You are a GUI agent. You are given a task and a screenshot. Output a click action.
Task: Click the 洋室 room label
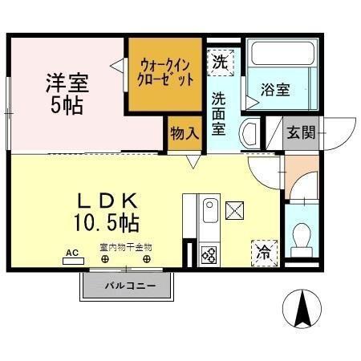pyautogui.click(x=66, y=81)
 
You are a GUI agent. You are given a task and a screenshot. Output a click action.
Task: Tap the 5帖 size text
pyautogui.click(x=66, y=105)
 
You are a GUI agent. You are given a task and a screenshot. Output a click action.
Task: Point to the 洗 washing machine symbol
pyautogui.click(x=220, y=60)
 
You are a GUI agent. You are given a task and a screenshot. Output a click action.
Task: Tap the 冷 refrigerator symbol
pyautogui.click(x=263, y=252)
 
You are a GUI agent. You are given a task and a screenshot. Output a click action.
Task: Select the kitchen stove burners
pyautogui.click(x=209, y=255)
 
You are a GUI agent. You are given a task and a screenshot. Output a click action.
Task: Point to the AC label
pyautogui.click(x=71, y=253)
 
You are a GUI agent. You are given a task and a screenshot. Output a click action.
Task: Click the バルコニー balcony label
pyautogui.click(x=128, y=285)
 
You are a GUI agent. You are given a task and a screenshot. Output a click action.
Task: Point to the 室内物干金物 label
pyautogui.click(x=125, y=247)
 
